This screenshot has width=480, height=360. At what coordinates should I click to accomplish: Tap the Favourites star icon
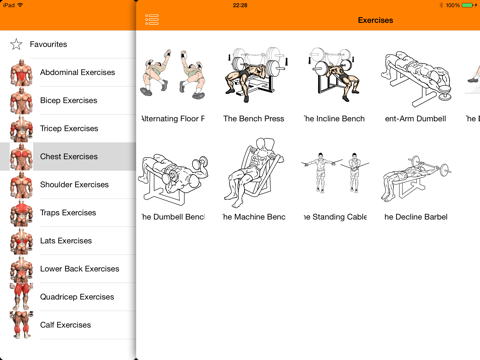[16, 44]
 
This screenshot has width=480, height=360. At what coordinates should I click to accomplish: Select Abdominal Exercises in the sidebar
[77, 73]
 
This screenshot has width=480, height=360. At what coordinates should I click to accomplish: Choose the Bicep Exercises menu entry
[68, 101]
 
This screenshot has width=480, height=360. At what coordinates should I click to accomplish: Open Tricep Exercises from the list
[69, 129]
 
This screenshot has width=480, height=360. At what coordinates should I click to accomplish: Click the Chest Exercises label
[68, 157]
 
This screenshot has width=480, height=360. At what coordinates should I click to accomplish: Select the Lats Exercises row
[66, 241]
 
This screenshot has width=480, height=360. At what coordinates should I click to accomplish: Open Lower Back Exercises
[79, 269]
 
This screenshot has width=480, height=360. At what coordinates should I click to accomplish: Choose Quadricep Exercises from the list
[77, 297]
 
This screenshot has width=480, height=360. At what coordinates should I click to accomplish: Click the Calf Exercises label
[65, 325]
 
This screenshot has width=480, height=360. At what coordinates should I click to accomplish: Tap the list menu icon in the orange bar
[152, 20]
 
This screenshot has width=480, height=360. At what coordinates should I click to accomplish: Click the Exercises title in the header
[375, 20]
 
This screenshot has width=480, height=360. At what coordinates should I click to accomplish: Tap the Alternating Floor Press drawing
[172, 77]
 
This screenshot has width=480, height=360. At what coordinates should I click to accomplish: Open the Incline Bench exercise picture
[333, 77]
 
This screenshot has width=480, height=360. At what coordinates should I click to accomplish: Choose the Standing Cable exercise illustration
[333, 175]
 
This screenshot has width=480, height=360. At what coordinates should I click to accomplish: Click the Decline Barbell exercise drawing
[414, 175]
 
